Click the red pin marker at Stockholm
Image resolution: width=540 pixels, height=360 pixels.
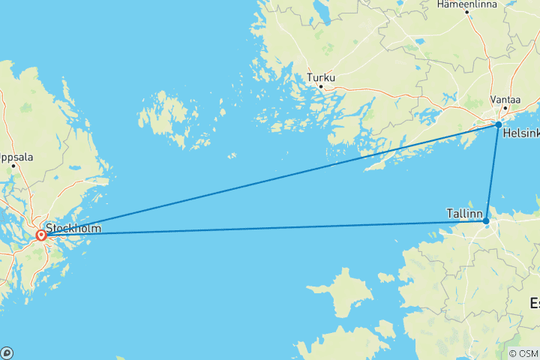coord(41,235)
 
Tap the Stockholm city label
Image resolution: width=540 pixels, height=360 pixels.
coord(73,227)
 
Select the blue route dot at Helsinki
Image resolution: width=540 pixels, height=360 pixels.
coord(498,124)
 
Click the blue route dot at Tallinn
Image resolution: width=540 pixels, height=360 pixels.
coord(486,221)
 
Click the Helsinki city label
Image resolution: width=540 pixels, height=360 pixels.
coord(521,134)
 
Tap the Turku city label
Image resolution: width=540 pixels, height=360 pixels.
coord(320,77)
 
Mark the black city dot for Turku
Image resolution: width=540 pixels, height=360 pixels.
coord(320,86)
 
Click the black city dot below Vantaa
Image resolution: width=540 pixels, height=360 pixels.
coord(506,109)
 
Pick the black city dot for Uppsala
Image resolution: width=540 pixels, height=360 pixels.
coord(13,166)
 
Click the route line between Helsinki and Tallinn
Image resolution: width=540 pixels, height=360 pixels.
coord(492,172)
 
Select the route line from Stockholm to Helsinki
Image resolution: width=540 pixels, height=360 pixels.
coord(270,180)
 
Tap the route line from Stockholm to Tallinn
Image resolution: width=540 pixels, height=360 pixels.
coord(262,229)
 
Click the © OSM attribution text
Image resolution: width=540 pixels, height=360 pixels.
coord(523,353)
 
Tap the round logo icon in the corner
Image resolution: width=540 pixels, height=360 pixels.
coord(7,352)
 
